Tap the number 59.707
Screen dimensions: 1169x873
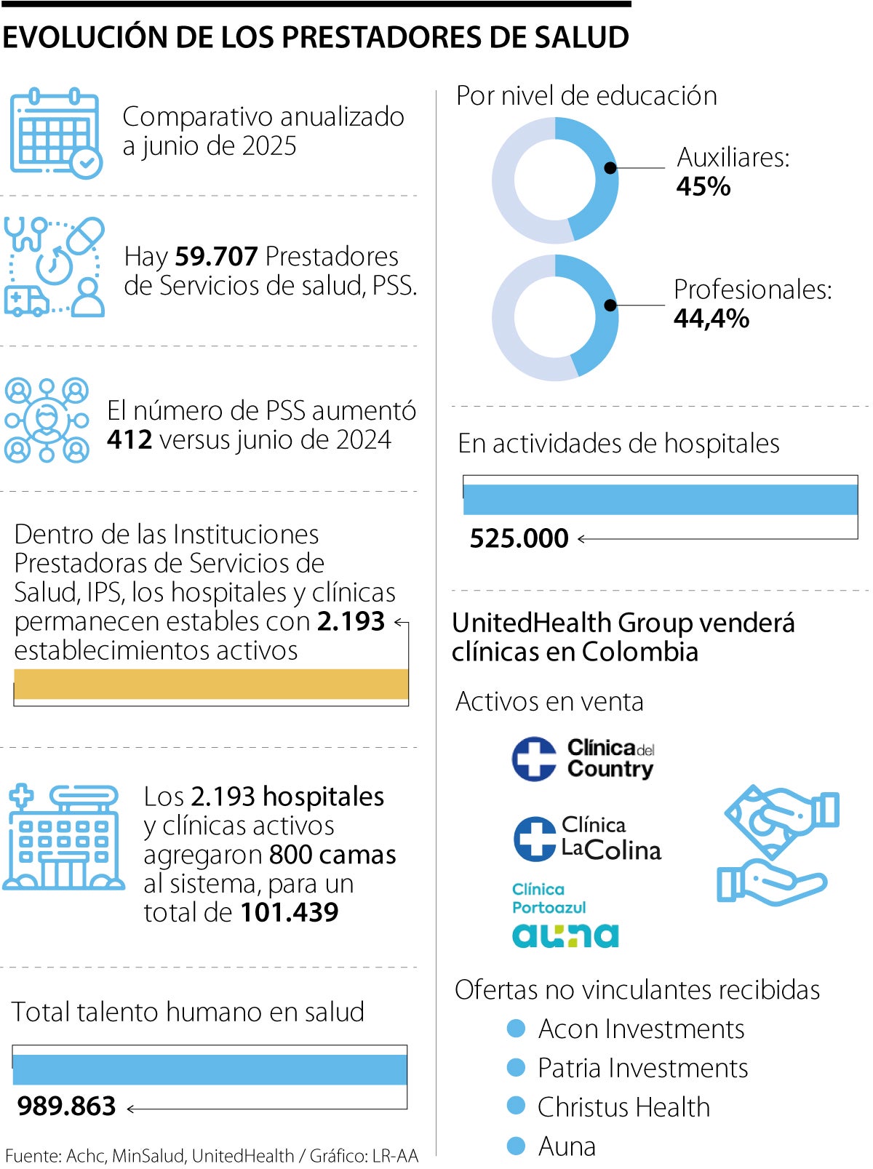pyautogui.click(x=216, y=257)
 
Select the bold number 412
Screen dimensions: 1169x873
pyautogui.click(x=129, y=440)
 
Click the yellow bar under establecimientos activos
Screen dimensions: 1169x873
pyautogui.click(x=211, y=685)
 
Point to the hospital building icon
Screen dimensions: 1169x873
pyautogui.click(x=63, y=837)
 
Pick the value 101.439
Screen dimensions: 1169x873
pyautogui.click(x=289, y=912)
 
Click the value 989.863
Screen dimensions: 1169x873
pyautogui.click(x=66, y=1106)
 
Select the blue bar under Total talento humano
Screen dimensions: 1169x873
pyautogui.click(x=210, y=1069)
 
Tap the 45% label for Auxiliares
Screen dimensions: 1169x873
pyautogui.click(x=703, y=187)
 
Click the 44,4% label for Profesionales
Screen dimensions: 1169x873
pyautogui.click(x=711, y=319)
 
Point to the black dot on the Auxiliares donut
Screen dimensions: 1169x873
pyautogui.click(x=610, y=168)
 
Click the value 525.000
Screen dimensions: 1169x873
pyautogui.click(x=519, y=538)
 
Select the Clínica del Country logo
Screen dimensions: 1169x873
pyautogui.click(x=583, y=759)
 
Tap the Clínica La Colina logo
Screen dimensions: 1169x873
pyautogui.click(x=587, y=838)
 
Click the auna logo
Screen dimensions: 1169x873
pyautogui.click(x=565, y=935)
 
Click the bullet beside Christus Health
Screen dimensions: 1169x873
pyautogui.click(x=516, y=1106)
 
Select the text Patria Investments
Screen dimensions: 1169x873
pyautogui.click(x=642, y=1068)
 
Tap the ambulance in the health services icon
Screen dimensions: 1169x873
pyautogui.click(x=25, y=300)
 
